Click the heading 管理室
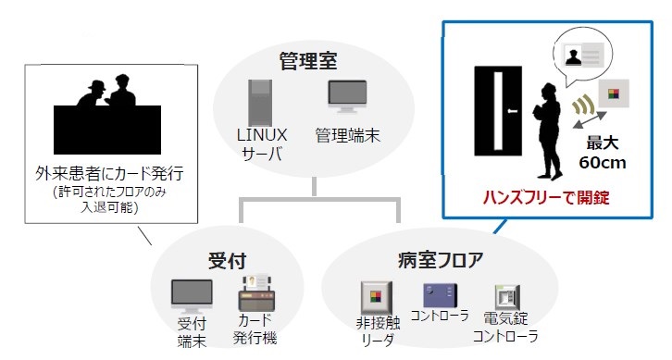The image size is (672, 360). pyautogui.click(x=308, y=62)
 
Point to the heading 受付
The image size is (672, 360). pyautogui.click(x=227, y=259)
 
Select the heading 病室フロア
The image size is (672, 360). pyautogui.click(x=439, y=258)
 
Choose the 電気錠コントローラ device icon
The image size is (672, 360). pyautogui.click(x=506, y=299)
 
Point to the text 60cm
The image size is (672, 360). pyautogui.click(x=603, y=163)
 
